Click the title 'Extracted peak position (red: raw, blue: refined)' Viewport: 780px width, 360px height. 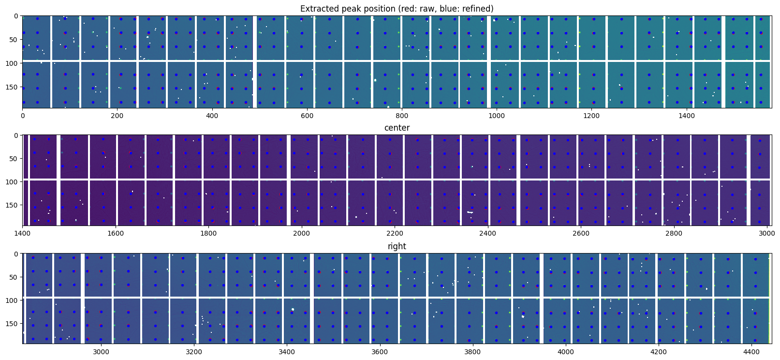[x=397, y=9]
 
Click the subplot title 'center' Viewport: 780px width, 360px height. [x=397, y=128]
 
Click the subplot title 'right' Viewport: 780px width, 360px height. [x=397, y=246]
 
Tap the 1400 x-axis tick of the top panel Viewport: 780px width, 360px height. [x=687, y=116]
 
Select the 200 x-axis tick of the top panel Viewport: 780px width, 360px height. [x=118, y=116]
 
